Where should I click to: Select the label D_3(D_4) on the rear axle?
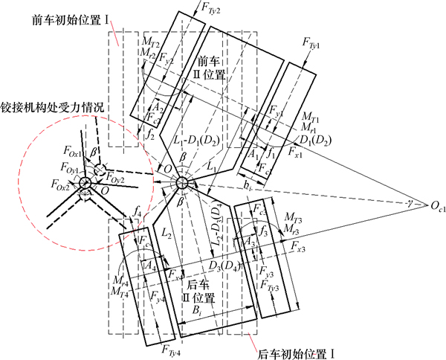(225, 264)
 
